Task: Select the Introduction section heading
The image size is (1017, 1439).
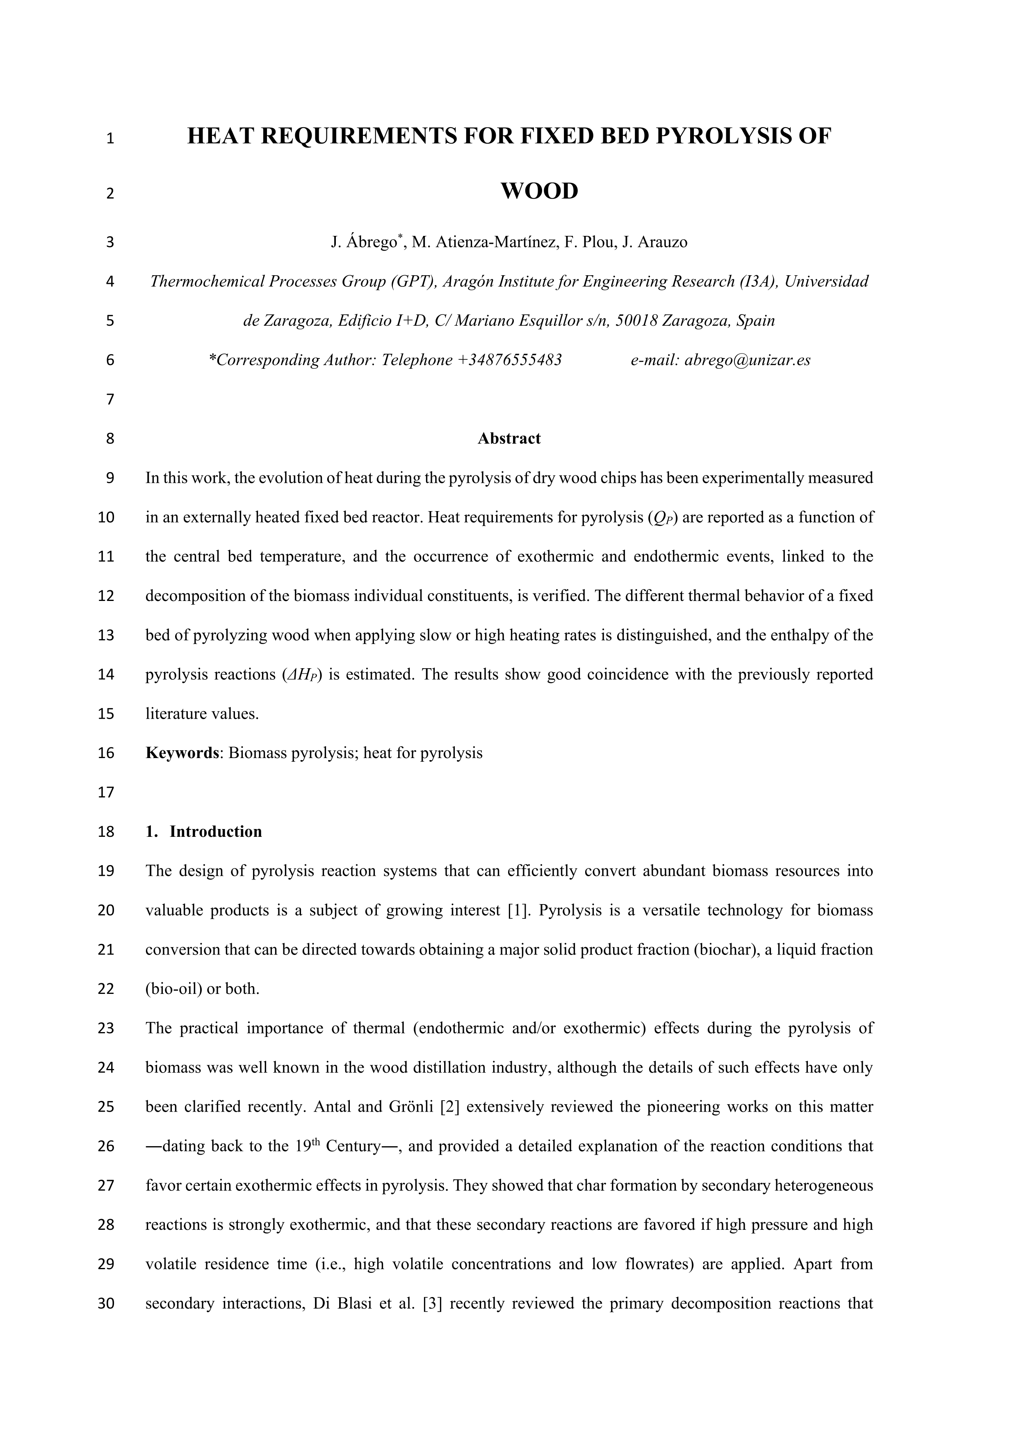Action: tap(216, 831)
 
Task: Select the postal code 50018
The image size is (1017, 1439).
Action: tap(636, 321)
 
